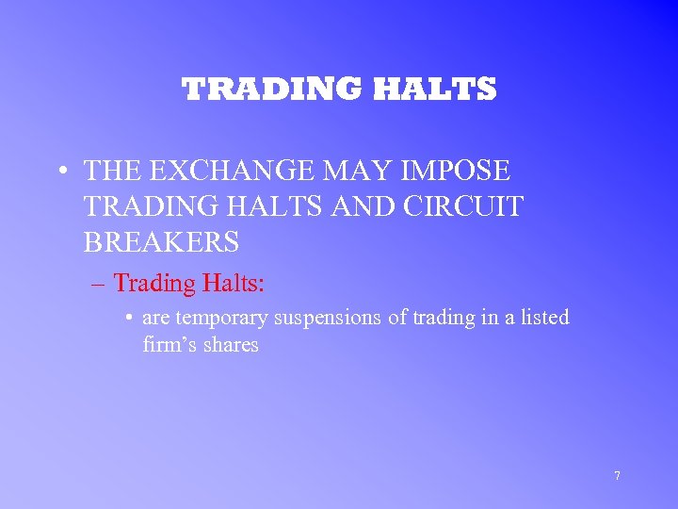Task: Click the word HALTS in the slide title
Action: [x=435, y=90]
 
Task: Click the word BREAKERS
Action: [x=161, y=242]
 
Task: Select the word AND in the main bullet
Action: [x=356, y=206]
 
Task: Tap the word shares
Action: [x=231, y=344]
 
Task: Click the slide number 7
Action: [x=617, y=476]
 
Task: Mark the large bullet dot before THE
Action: [x=61, y=172]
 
